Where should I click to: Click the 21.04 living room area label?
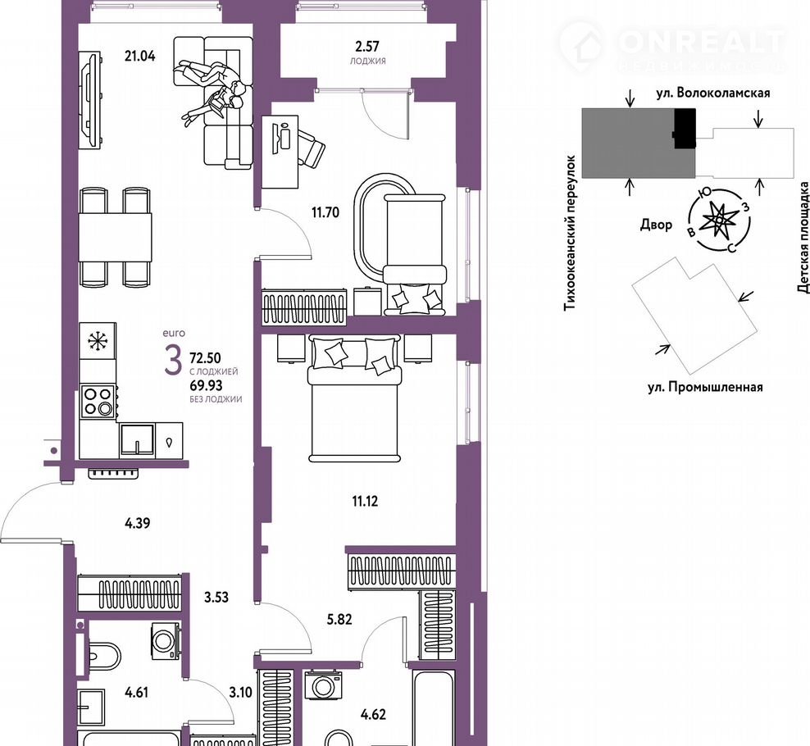pyautogui.click(x=139, y=55)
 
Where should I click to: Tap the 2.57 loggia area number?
pyautogui.click(x=366, y=47)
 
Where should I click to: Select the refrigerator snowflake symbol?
pyautogui.click(x=97, y=342)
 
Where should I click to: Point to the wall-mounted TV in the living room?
pyautogui.click(x=91, y=101)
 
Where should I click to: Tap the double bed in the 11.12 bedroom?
pyautogui.click(x=354, y=398)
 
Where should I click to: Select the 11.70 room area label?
pyautogui.click(x=325, y=212)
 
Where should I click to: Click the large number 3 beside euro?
pyautogui.click(x=173, y=361)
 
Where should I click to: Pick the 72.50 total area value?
pyautogui.click(x=206, y=357)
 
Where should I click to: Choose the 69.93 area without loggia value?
pyautogui.click(x=206, y=384)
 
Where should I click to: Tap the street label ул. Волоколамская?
pyautogui.click(x=713, y=93)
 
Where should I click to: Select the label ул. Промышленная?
pyautogui.click(x=705, y=387)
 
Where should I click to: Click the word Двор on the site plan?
pyautogui.click(x=656, y=225)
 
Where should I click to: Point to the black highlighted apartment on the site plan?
pyautogui.click(x=685, y=128)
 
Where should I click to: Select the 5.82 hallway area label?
pyautogui.click(x=339, y=620)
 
